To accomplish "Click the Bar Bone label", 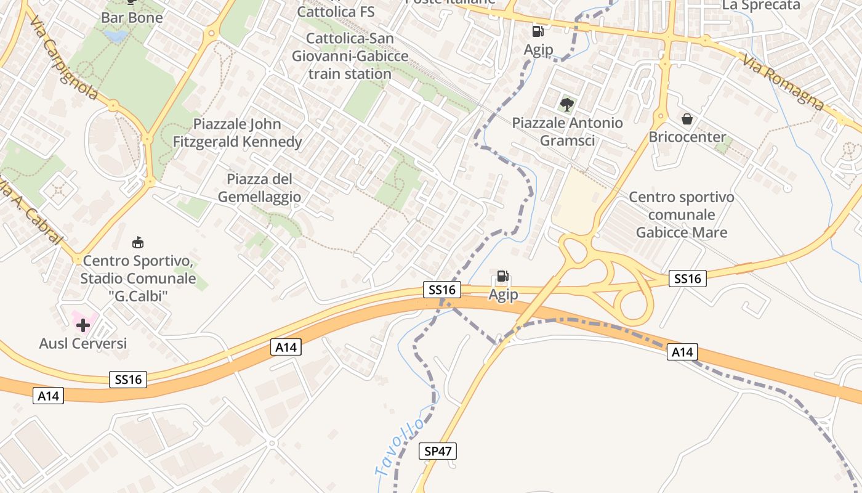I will pos(132,17).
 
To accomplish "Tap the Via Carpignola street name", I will pos(63,60).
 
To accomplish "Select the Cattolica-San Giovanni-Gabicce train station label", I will pos(350,56).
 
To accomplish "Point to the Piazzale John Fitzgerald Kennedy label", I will pos(238,133).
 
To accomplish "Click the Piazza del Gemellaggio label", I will pos(259,188).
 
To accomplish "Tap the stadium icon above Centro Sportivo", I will pos(139,242).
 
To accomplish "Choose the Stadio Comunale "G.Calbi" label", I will pos(138,279).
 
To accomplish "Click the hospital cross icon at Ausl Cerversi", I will pos(83,324).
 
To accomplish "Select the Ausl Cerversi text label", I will pos(83,343).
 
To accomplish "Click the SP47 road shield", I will pos(438,451).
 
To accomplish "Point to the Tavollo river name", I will pos(400,447).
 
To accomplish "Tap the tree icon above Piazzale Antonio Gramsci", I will pos(567,104).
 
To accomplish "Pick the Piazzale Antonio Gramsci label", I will pos(567,131).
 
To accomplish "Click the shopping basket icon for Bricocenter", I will pos(687,119).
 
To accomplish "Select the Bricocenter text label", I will pos(687,137).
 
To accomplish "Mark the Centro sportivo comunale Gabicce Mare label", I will pos(682,214).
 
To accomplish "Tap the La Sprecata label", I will pos(761,6).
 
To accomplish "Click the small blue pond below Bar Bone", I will pos(115,36).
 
